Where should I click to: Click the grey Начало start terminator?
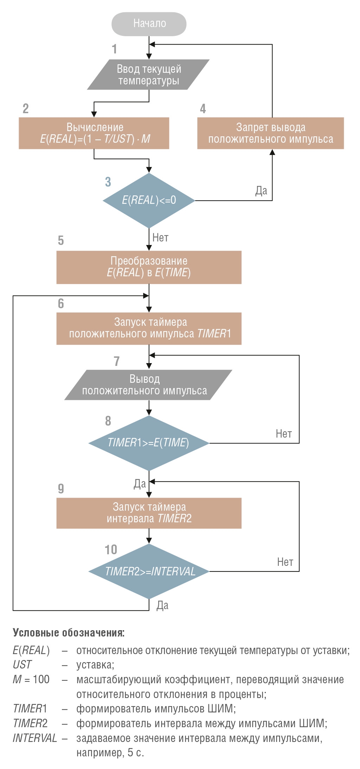(149, 24)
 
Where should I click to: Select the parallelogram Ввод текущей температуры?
(148, 75)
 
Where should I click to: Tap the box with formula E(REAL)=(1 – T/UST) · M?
(94, 133)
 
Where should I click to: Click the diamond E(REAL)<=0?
(149, 200)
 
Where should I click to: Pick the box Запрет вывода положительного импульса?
(271, 133)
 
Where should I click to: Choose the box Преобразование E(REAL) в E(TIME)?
(149, 267)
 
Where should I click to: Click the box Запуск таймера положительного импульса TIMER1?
(149, 328)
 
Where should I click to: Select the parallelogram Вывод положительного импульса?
(148, 385)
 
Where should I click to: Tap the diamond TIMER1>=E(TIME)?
(149, 443)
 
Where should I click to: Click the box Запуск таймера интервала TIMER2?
(149, 513)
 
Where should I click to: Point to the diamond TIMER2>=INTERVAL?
(149, 571)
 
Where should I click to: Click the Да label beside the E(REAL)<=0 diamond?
(261, 191)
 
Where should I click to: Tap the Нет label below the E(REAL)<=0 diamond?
(160, 238)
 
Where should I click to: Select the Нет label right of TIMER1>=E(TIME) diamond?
(284, 434)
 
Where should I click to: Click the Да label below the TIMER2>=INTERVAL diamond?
(162, 605)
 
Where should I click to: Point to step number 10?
(111, 550)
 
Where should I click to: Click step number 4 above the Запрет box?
(203, 109)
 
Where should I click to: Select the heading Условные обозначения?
(69, 633)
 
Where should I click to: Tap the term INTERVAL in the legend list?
(35, 738)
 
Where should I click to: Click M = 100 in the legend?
(31, 679)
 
